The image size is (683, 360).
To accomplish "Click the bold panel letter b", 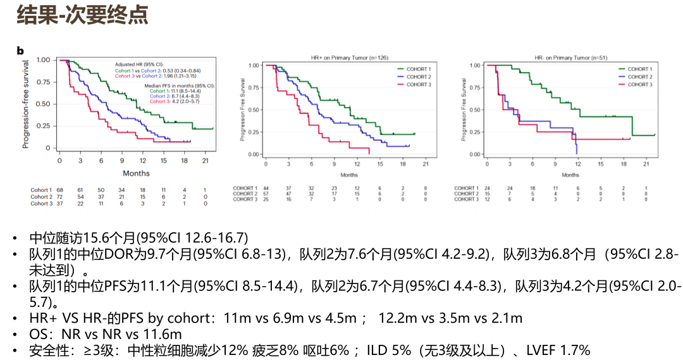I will tap(20, 50).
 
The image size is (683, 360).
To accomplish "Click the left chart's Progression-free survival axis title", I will tap(27, 104).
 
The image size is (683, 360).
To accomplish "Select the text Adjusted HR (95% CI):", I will tap(138, 65).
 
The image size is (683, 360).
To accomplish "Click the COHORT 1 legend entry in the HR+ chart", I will tap(418, 69).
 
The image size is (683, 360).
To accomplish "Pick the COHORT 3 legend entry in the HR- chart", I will tap(639, 84).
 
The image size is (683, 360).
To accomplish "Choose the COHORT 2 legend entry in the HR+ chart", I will tap(418, 77).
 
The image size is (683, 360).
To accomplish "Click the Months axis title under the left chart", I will tap(136, 173).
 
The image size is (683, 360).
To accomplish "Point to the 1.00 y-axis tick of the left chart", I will tap(43, 60).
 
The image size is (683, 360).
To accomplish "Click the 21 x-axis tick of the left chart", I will tap(204, 161).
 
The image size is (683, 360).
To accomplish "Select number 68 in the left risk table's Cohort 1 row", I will tap(59, 190).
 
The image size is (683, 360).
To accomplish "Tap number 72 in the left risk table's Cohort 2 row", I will tap(59, 197).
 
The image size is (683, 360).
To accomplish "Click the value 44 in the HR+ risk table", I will tap(266, 188).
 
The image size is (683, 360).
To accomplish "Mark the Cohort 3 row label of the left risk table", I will tap(42, 204).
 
